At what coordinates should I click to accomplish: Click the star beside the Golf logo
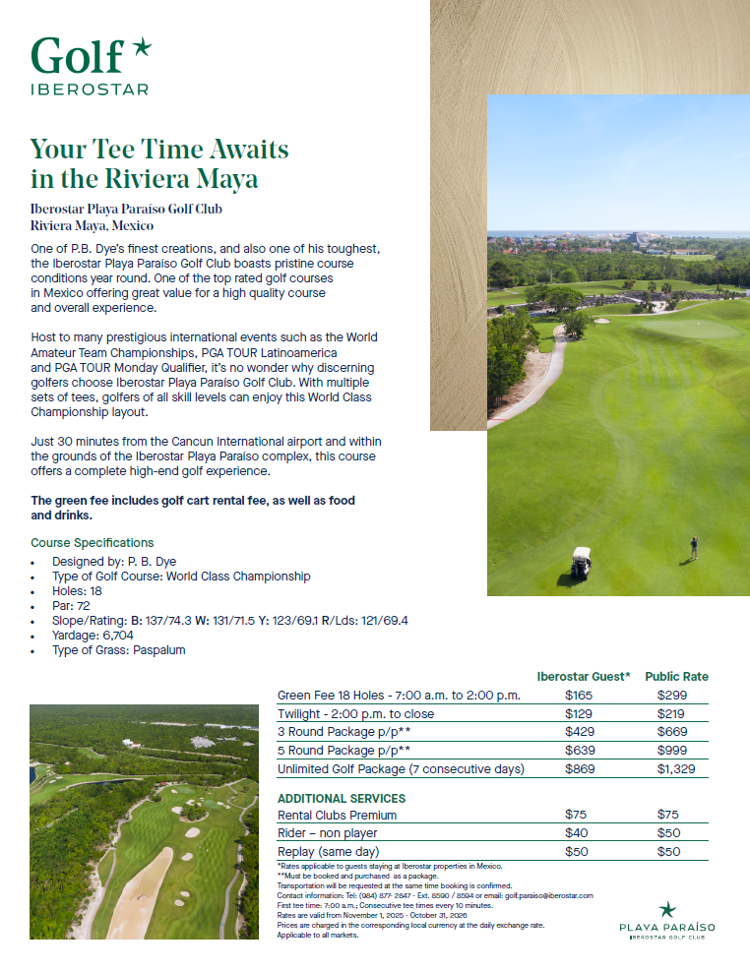pyautogui.click(x=142, y=46)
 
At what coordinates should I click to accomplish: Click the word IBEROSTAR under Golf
pyautogui.click(x=90, y=90)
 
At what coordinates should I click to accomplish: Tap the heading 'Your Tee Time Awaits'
pyautogui.click(x=159, y=150)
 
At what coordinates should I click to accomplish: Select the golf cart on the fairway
pyautogui.click(x=581, y=562)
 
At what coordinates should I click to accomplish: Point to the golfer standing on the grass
pyautogui.click(x=694, y=548)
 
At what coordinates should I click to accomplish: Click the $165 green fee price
pyautogui.click(x=578, y=696)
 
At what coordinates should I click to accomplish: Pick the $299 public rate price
pyautogui.click(x=671, y=696)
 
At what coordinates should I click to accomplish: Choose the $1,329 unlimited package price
pyautogui.click(x=676, y=768)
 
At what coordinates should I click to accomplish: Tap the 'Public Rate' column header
pyautogui.click(x=676, y=677)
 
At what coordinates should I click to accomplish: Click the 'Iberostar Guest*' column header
pyautogui.click(x=584, y=677)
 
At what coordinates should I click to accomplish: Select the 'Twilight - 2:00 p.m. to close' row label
pyautogui.click(x=355, y=714)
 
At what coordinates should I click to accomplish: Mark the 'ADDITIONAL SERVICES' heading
pyautogui.click(x=342, y=798)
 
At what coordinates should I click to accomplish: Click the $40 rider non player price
pyautogui.click(x=576, y=833)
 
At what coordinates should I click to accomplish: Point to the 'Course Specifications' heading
pyautogui.click(x=93, y=542)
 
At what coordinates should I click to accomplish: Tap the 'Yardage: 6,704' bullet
pyautogui.click(x=95, y=636)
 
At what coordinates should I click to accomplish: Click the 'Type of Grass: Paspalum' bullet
pyautogui.click(x=118, y=650)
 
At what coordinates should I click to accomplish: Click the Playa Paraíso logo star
pyautogui.click(x=667, y=909)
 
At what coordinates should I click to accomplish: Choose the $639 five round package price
pyautogui.click(x=578, y=751)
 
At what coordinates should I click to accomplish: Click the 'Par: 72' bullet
pyautogui.click(x=70, y=606)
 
